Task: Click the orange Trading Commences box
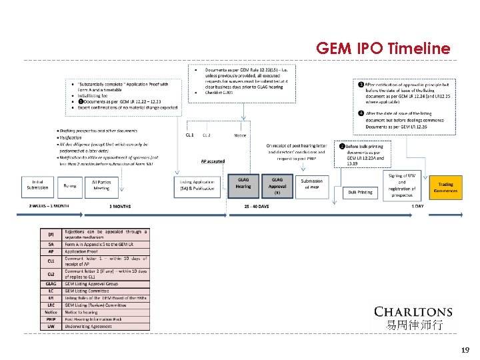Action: (x=445, y=187)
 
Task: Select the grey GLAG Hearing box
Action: (x=243, y=183)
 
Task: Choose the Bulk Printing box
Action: (x=361, y=192)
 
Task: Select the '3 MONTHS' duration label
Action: (x=120, y=206)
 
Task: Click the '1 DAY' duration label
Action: (x=417, y=206)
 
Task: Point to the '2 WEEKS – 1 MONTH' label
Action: (x=49, y=206)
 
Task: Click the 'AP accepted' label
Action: (x=213, y=161)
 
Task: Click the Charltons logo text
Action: (x=413, y=311)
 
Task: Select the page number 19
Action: (x=465, y=349)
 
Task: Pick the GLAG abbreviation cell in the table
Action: (x=51, y=283)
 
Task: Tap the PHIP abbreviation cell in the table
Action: (x=51, y=319)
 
